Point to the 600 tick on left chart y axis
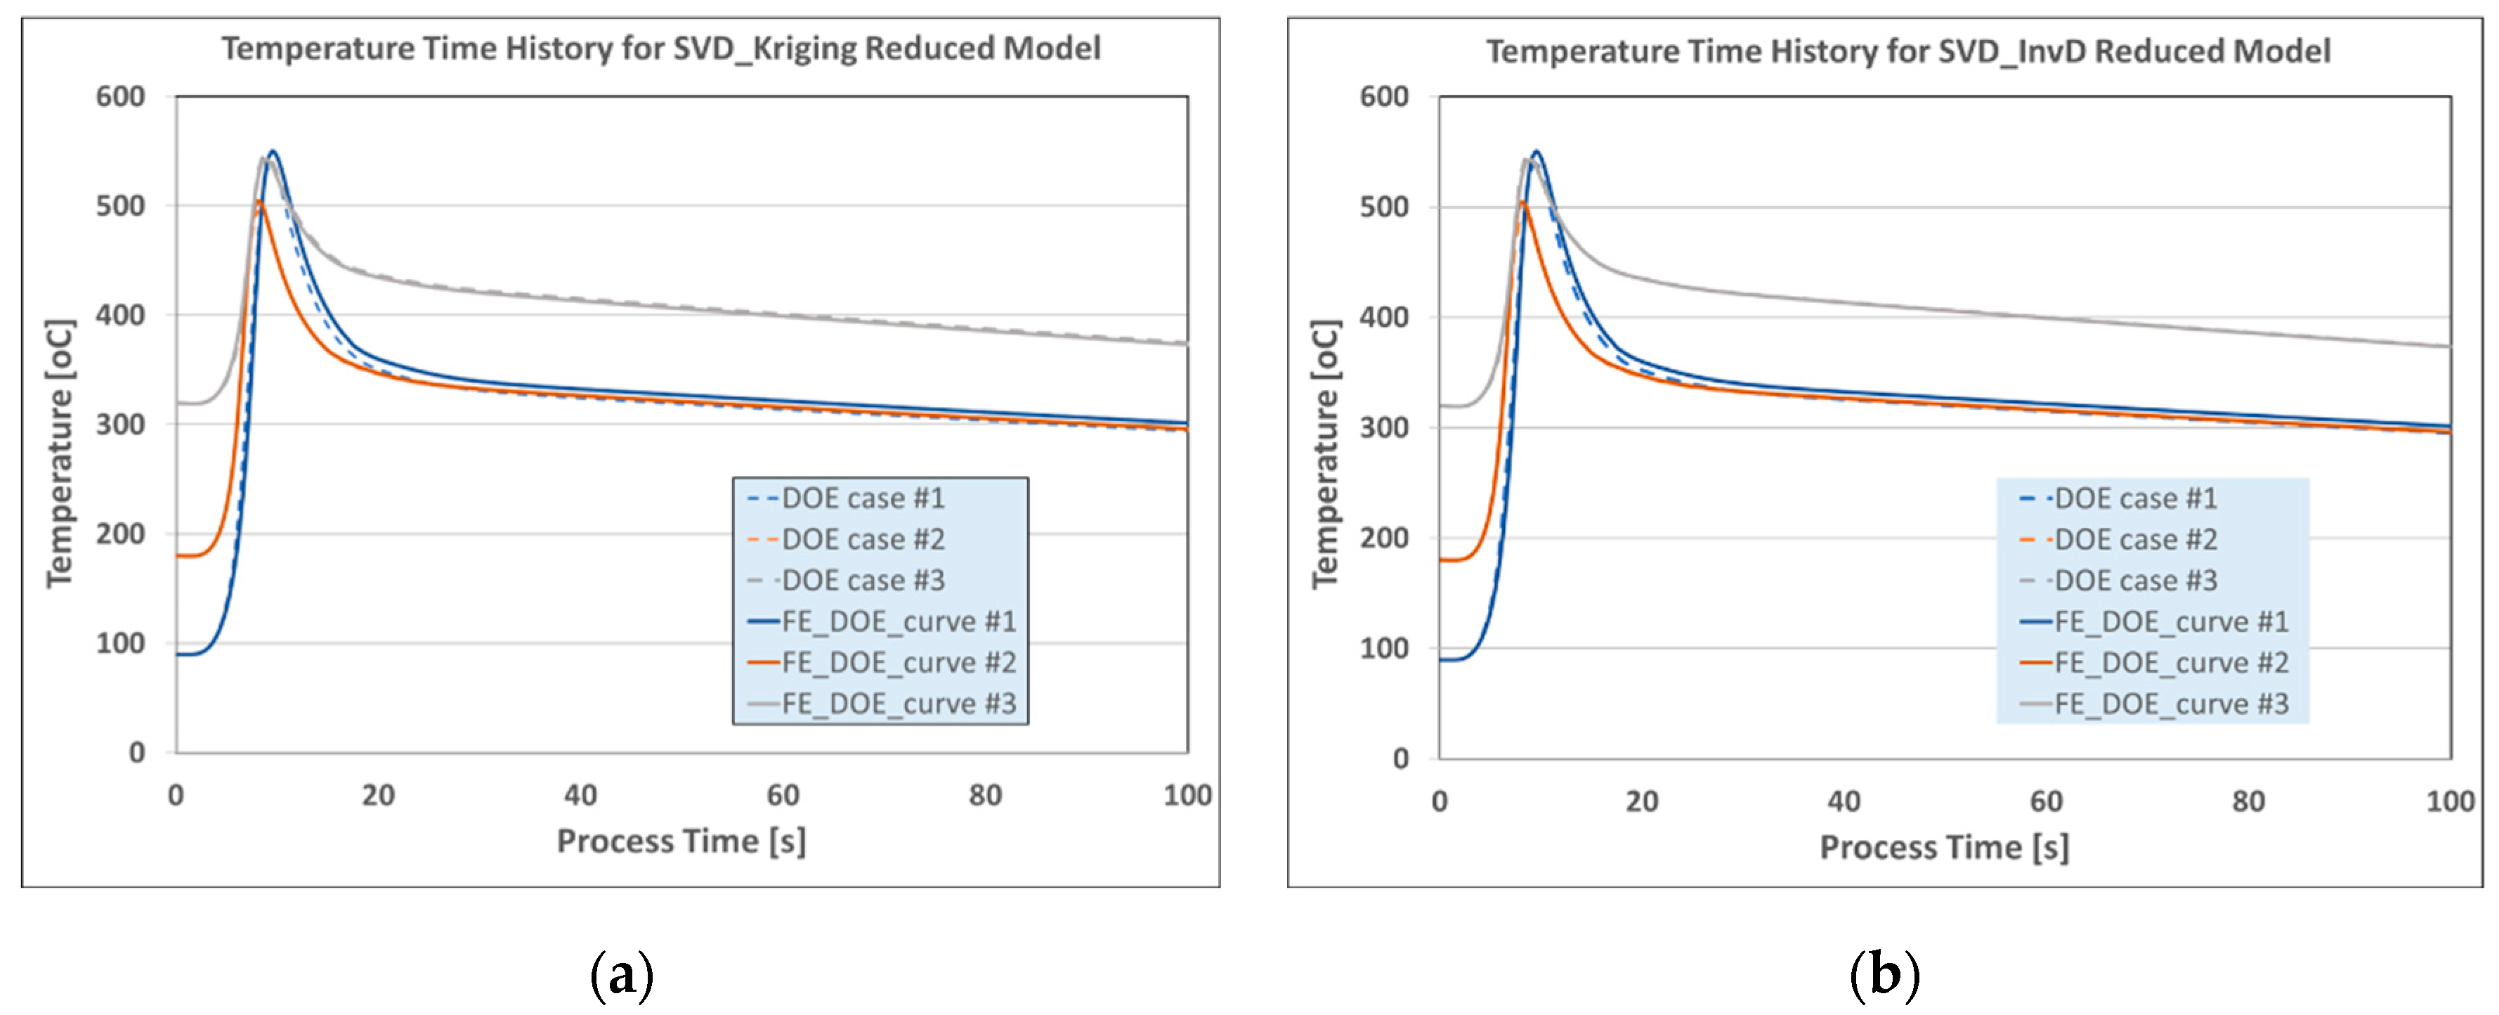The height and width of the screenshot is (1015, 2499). pyautogui.click(x=120, y=96)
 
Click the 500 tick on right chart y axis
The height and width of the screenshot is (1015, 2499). pyautogui.click(x=1383, y=207)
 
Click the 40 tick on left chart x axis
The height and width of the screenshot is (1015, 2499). pyautogui.click(x=580, y=796)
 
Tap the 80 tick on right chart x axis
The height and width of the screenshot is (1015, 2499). pyautogui.click(x=2247, y=801)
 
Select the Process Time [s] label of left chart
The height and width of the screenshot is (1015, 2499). pyautogui.click(x=681, y=841)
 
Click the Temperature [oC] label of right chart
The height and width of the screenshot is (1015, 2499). pyautogui.click(x=1324, y=453)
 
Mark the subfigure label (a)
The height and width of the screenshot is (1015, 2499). pyautogui.click(x=622, y=974)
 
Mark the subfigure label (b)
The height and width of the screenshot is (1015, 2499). pyautogui.click(x=1884, y=974)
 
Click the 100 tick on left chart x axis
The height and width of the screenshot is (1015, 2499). pyautogui.click(x=1187, y=796)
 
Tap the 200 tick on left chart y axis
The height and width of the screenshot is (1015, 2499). pyautogui.click(x=120, y=534)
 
